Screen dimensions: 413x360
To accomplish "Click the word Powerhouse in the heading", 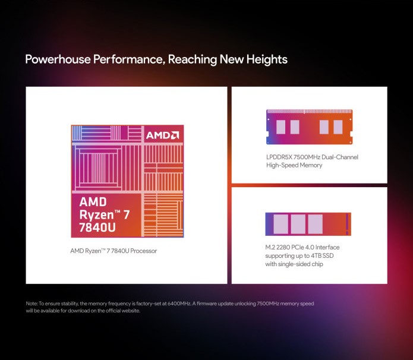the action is point(58,59).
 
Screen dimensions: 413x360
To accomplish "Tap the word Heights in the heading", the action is point(267,59).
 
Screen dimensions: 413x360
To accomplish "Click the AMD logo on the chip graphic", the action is point(162,135).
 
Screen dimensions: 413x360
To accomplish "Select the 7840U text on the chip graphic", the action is point(97,228).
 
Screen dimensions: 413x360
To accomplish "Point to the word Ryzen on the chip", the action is point(96,215).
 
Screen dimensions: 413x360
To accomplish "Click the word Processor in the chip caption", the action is point(144,251).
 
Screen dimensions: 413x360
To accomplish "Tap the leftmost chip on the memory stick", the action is point(280,127).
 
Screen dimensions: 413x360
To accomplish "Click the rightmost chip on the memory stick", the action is point(338,127).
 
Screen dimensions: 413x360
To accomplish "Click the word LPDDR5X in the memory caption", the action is point(279,157).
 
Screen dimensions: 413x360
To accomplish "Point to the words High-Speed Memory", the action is point(294,165).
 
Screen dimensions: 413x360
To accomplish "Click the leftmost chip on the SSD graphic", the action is point(280,224).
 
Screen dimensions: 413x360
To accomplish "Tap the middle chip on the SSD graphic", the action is point(298,224).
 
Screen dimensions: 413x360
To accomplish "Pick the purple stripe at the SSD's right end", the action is point(347,224).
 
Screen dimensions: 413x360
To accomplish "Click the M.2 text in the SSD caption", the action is point(270,247).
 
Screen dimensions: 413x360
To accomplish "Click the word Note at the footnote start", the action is point(31,304).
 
